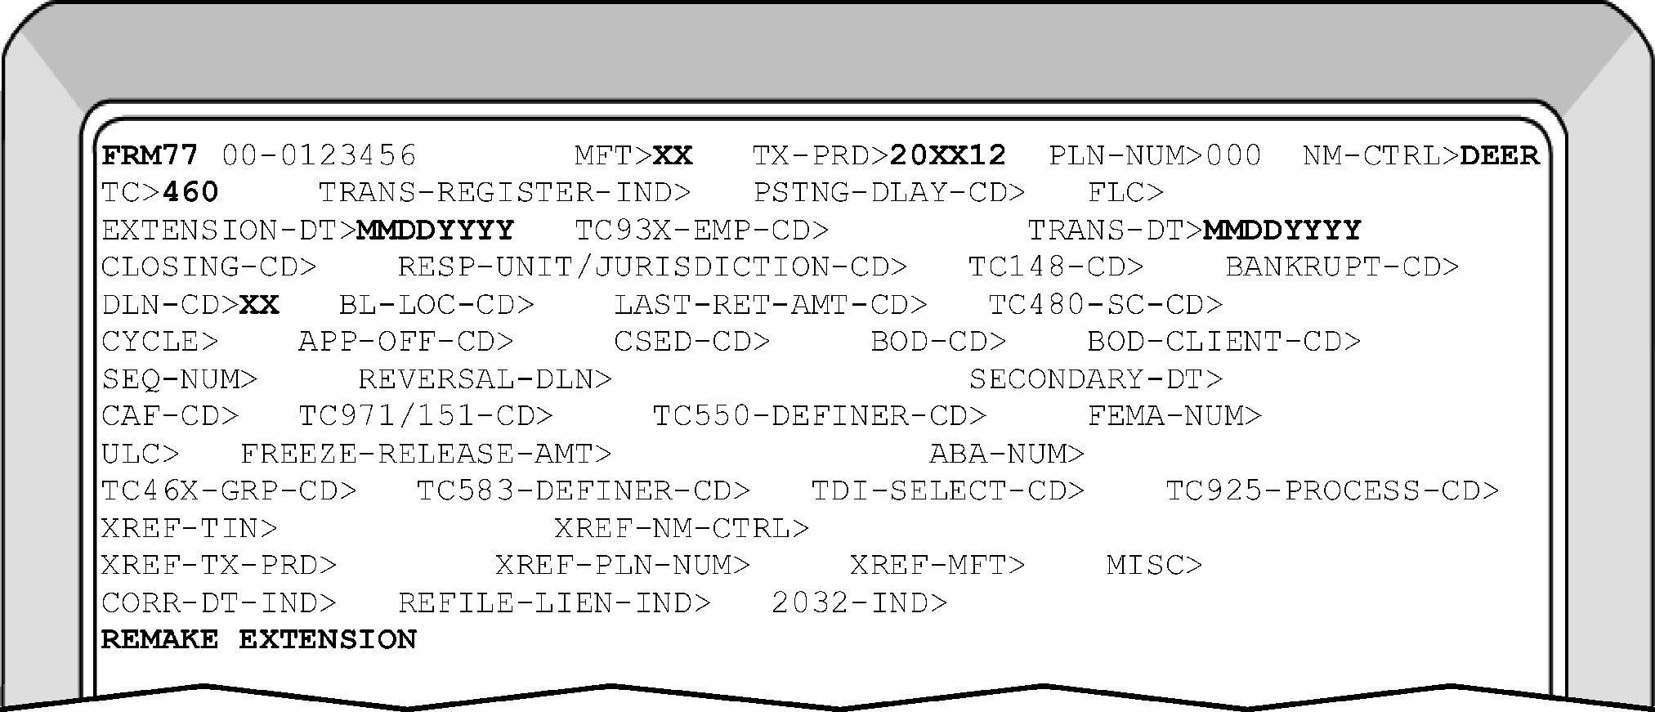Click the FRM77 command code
(x=150, y=155)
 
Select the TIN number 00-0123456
(x=320, y=155)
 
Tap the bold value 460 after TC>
(x=191, y=193)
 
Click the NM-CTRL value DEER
(x=1499, y=155)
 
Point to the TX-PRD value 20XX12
(x=947, y=155)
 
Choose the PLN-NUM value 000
(x=1232, y=155)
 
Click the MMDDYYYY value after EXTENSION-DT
(x=436, y=231)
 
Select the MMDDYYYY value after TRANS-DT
(x=1282, y=231)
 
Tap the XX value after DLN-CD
(x=260, y=305)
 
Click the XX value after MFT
(x=673, y=155)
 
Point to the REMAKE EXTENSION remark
(x=259, y=639)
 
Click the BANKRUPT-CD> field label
(x=1342, y=267)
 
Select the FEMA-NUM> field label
(x=1174, y=417)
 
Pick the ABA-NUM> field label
(x=1007, y=454)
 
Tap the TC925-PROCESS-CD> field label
(x=1332, y=491)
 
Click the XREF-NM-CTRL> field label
(x=682, y=529)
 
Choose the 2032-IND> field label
(x=859, y=603)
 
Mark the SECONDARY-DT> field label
(x=1096, y=379)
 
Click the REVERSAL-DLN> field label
(x=485, y=379)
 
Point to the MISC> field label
(x=1154, y=566)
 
